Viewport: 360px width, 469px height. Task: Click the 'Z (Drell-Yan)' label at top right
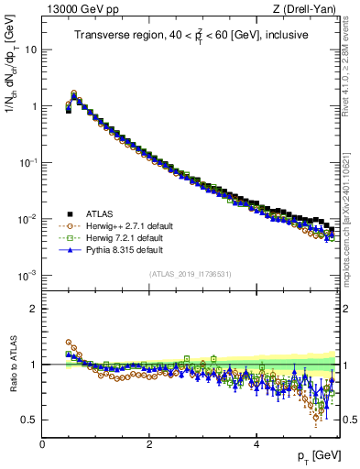point(304,10)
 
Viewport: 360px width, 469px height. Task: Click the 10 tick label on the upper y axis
point(30,49)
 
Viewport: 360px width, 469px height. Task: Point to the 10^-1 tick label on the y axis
point(27,162)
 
